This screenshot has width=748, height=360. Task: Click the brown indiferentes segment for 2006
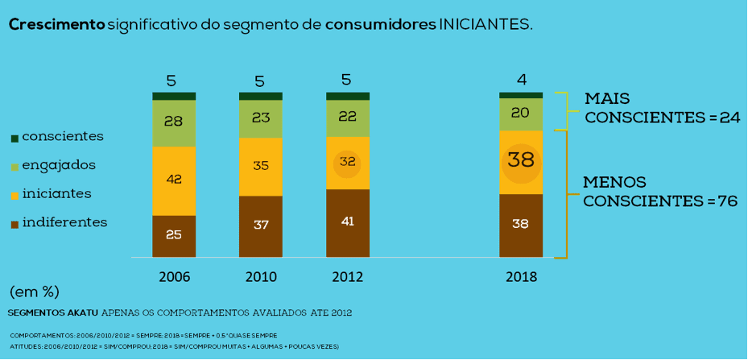174,236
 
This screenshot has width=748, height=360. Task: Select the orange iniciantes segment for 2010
261,167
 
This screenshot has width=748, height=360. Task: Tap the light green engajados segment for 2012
347,118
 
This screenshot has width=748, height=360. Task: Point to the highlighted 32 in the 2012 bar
347,162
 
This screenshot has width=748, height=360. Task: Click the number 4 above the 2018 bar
522,80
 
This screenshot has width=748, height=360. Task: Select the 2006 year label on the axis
174,277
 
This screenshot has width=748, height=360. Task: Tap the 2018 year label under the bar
521,277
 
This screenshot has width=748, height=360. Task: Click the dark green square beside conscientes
14,139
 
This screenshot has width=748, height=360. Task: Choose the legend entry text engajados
59,165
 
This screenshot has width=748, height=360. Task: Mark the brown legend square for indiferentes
14,224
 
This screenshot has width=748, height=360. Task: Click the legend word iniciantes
56,194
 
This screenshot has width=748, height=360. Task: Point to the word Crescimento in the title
56,25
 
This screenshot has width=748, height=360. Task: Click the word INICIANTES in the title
486,25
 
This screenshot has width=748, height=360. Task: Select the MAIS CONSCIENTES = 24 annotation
661,108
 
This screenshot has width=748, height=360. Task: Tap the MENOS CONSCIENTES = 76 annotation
660,192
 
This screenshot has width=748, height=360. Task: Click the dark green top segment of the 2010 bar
261,96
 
